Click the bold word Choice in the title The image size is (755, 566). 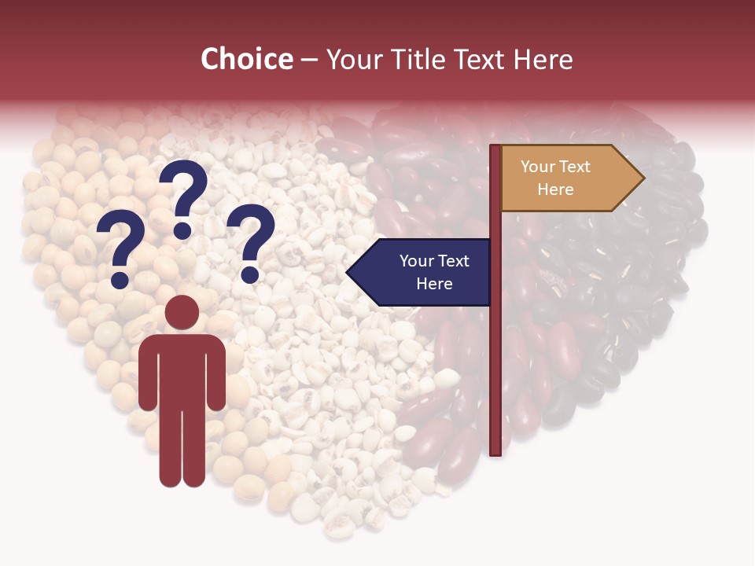click(x=246, y=59)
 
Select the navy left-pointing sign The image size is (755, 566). click(x=425, y=272)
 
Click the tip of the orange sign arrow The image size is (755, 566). click(x=643, y=178)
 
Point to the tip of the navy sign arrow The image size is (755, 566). click(x=348, y=273)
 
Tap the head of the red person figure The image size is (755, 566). click(x=182, y=312)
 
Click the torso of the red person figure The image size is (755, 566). click(x=182, y=369)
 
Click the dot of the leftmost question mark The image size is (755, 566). click(x=120, y=279)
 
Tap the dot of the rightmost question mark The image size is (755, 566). click(x=249, y=274)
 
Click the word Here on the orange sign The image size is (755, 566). click(x=555, y=189)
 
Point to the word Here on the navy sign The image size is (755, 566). click(x=434, y=284)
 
